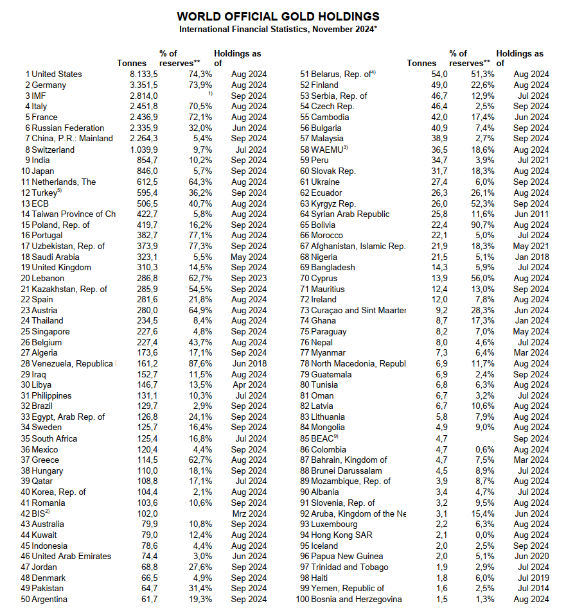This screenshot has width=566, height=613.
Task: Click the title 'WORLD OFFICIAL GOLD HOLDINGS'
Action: point(278,17)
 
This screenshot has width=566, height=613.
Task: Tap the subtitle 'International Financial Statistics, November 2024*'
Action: point(278,30)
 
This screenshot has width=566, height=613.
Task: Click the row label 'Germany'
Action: point(49,85)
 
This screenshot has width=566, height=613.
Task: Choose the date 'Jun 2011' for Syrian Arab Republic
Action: point(531,214)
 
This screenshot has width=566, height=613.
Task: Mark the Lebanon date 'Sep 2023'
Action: point(249,278)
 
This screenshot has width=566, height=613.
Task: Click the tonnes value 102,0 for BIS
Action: point(146,514)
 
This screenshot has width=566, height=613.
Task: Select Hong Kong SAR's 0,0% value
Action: point(484,535)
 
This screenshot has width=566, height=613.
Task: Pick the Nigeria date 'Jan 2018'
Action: point(531,257)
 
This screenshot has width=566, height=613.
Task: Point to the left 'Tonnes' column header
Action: point(132,63)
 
